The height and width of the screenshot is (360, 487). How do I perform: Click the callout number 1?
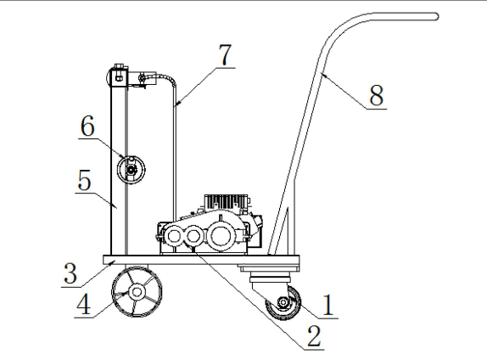click(328, 305)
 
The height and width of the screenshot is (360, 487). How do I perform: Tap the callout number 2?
click(314, 336)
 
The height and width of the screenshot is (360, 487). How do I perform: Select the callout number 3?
click(70, 273)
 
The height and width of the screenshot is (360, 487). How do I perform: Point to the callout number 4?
click(83, 304)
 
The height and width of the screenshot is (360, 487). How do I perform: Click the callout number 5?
click(85, 180)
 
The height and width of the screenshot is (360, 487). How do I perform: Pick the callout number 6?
click(87, 127)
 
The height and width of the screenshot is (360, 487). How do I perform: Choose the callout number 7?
click(225, 54)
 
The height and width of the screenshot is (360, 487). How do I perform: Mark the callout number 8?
click(377, 95)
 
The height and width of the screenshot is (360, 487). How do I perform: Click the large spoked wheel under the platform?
click(137, 291)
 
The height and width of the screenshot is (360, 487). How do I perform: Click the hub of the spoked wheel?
click(137, 291)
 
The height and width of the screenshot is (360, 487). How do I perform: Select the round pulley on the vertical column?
click(131, 170)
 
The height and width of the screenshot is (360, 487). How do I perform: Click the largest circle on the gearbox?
click(221, 236)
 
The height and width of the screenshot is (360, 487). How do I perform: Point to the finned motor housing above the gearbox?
click(227, 202)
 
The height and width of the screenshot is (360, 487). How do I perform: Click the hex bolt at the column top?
click(119, 76)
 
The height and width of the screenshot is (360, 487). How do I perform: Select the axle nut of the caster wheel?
click(283, 302)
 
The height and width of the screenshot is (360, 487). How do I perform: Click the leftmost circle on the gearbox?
click(173, 237)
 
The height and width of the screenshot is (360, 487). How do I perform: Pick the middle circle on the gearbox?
click(193, 236)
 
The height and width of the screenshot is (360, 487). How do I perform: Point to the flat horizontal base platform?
click(201, 260)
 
